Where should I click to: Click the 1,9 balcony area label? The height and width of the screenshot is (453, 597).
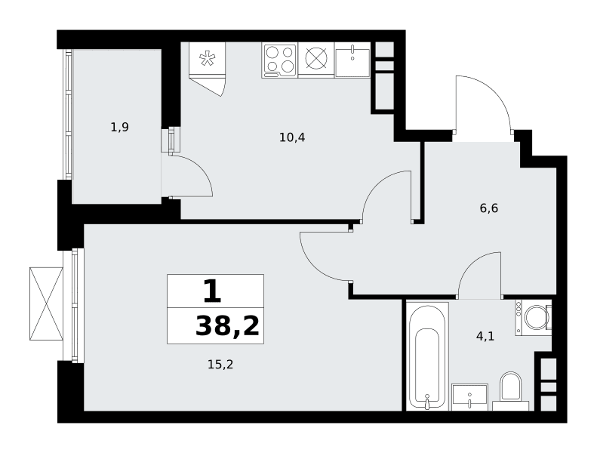point(119,127)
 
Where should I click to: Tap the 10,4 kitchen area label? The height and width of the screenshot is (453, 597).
point(292,137)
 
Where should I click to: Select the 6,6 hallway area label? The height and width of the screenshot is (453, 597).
point(489,208)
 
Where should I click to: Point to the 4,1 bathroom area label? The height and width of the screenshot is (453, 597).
point(485,337)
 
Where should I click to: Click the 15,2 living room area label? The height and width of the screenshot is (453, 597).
point(220,365)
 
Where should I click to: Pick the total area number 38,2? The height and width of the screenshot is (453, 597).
point(227,326)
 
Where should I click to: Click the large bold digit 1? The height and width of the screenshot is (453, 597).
point(212,291)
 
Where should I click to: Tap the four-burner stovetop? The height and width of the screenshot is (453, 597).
point(280,60)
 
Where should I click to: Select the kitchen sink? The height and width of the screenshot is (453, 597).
point(352,60)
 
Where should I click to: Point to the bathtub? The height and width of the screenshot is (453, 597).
point(428,356)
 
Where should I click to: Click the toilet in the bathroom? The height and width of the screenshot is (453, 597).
point(510,391)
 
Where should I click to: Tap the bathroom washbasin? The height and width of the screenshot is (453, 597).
point(470,397)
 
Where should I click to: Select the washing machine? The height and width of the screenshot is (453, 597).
point(534,317)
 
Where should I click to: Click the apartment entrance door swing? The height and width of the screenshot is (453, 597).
point(483,103)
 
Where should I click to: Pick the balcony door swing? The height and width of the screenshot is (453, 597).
point(191,176)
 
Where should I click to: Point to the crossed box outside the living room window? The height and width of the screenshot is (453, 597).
point(46,304)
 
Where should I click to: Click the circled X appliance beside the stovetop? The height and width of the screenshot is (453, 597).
point(316,60)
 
